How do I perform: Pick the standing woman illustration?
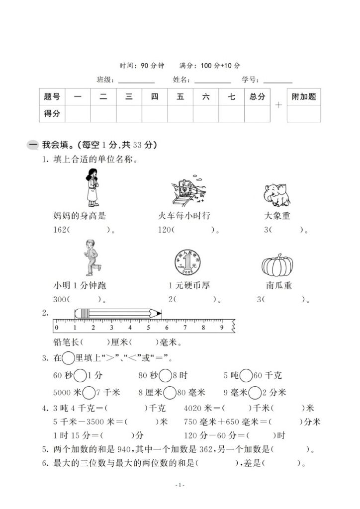click(x=92, y=187)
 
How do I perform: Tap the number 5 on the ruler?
click(x=148, y=328)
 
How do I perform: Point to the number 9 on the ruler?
click(x=222, y=328)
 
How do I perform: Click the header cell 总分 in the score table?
click(x=257, y=97)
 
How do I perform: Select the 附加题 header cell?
click(x=304, y=97)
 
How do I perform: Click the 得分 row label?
click(x=52, y=113)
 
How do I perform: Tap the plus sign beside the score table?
click(x=278, y=105)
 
